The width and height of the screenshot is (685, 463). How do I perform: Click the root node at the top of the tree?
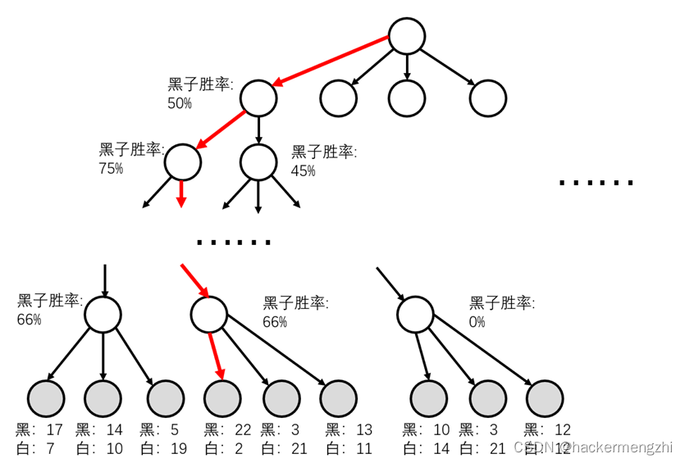click(406, 36)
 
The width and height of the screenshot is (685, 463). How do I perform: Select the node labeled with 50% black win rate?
click(258, 98)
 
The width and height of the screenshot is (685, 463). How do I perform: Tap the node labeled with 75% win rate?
click(182, 161)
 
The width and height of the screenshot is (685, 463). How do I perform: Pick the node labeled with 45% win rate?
click(258, 161)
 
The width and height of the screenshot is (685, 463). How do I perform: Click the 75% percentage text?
click(110, 168)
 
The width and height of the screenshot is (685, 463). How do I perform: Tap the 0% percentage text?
click(477, 321)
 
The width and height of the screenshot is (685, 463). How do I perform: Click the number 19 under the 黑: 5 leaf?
click(178, 447)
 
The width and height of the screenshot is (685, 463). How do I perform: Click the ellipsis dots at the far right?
click(596, 183)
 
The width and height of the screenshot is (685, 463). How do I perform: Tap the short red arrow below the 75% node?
click(182, 193)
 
